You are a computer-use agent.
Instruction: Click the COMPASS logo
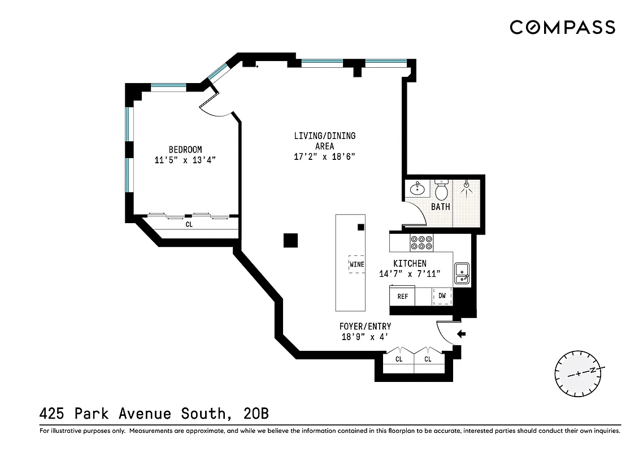tap(562, 27)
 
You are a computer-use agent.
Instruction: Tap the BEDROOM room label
tap(185, 150)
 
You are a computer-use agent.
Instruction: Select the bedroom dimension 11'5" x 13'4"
tap(185, 160)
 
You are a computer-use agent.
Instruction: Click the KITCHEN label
tap(410, 264)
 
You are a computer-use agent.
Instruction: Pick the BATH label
tap(441, 207)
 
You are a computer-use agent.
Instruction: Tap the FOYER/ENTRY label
tap(365, 327)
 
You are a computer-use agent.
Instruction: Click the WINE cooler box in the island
tap(357, 264)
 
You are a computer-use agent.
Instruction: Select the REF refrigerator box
tap(403, 296)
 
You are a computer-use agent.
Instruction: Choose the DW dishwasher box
tap(442, 296)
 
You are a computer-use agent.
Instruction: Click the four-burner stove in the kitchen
tap(422, 242)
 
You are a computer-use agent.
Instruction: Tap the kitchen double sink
tap(462, 272)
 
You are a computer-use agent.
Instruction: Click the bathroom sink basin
tap(418, 188)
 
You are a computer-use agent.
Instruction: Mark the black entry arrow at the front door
tap(461, 334)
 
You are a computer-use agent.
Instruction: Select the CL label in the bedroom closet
tap(189, 224)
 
